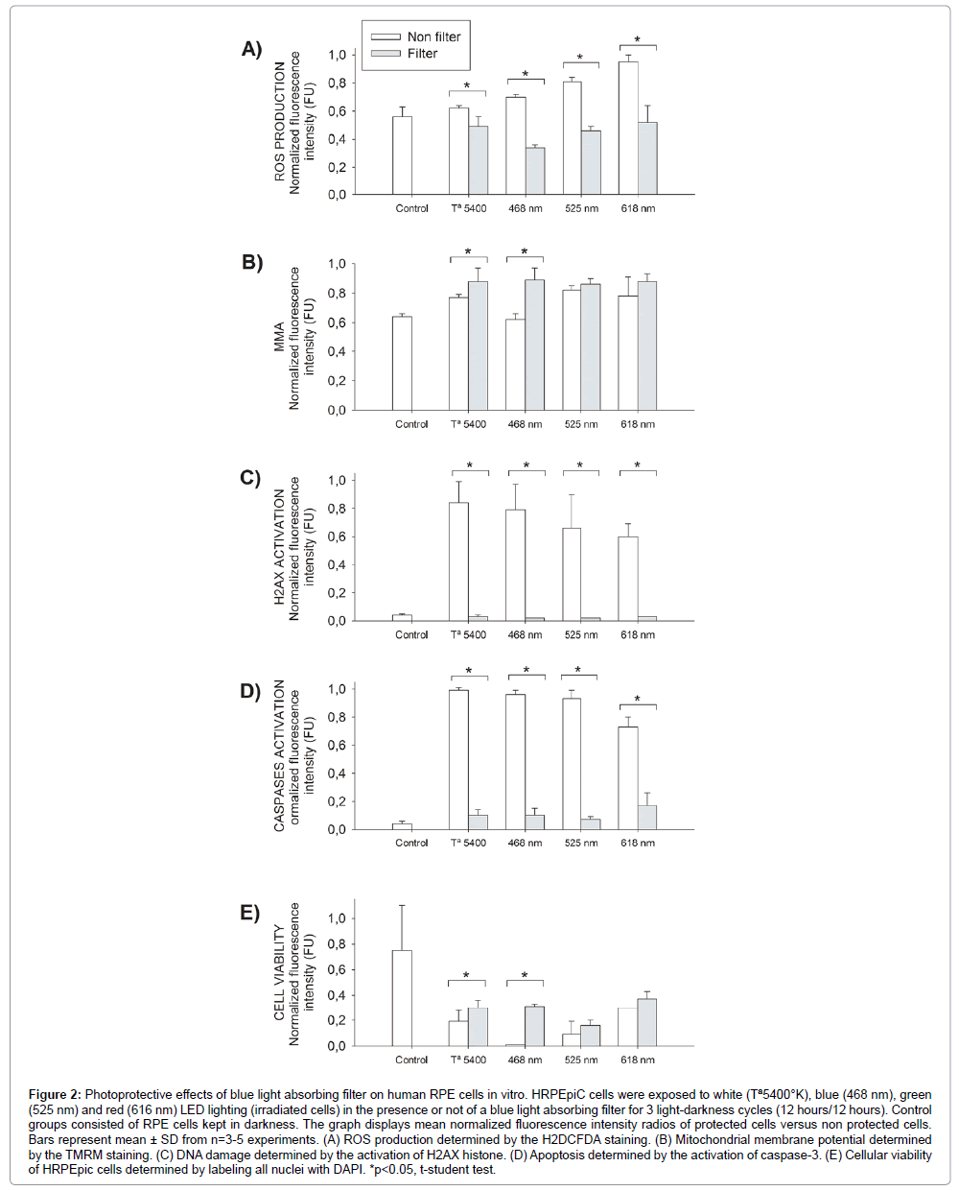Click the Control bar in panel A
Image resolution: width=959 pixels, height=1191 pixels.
coord(402,155)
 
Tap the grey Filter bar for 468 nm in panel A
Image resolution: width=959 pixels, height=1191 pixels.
coord(535,171)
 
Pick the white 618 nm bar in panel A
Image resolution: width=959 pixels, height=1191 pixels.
coord(628,129)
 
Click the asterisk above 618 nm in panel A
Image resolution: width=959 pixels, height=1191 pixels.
coord(638,40)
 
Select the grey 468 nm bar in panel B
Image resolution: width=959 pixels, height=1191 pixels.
coord(534,345)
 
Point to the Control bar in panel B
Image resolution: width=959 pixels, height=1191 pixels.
coord(402,363)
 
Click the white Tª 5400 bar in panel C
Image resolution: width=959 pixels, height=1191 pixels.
coord(458,561)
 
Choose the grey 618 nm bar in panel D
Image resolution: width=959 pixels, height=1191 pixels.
coord(647,817)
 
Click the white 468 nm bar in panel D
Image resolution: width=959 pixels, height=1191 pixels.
coord(516,761)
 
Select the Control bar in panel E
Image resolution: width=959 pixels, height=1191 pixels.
coord(402,998)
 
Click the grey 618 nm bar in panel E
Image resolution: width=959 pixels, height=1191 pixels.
coord(647,1022)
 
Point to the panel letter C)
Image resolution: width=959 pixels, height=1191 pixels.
coord(250,477)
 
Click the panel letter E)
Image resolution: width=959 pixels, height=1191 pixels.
coord(250,912)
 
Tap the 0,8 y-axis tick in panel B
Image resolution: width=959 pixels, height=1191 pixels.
coord(337,293)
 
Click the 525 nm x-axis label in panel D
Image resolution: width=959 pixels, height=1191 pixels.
coord(581,843)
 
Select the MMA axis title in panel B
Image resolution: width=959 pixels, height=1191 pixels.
coord(279,338)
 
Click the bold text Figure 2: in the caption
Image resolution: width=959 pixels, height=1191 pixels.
coord(55,1094)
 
